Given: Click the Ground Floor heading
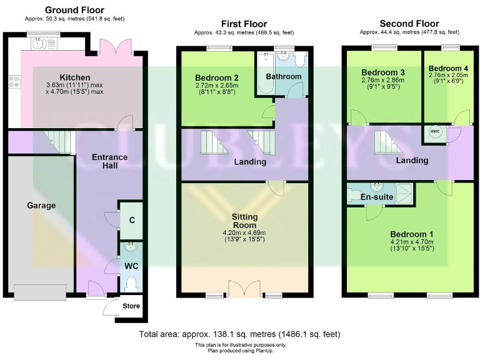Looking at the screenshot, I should tap(74, 10).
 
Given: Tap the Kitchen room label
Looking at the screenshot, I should tap(75, 77).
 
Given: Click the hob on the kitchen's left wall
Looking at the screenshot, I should tap(13, 80).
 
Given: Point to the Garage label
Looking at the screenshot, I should tap(41, 205).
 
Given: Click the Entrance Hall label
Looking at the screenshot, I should tap(109, 161).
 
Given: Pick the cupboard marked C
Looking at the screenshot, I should tap(131, 220).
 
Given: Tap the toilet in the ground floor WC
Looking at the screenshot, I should tap(131, 285).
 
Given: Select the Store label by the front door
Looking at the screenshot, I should tap(131, 306).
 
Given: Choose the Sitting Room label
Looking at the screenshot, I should tap(245, 221).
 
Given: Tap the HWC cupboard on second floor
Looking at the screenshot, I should tap(434, 132).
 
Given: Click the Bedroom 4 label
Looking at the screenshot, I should tap(447, 68).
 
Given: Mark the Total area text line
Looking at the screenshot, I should tap(240, 334).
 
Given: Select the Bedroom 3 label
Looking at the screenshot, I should tap(382, 72).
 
